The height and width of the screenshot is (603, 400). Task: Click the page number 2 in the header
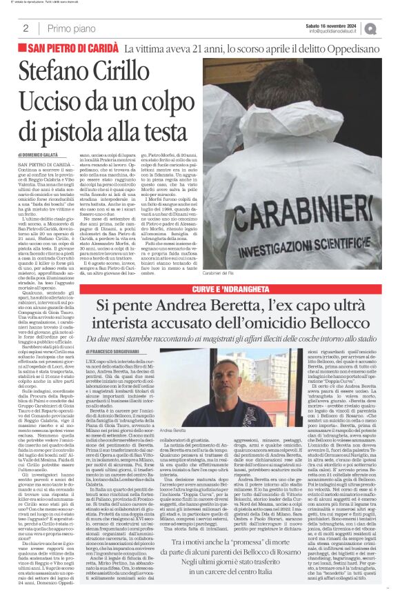pos(26,28)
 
